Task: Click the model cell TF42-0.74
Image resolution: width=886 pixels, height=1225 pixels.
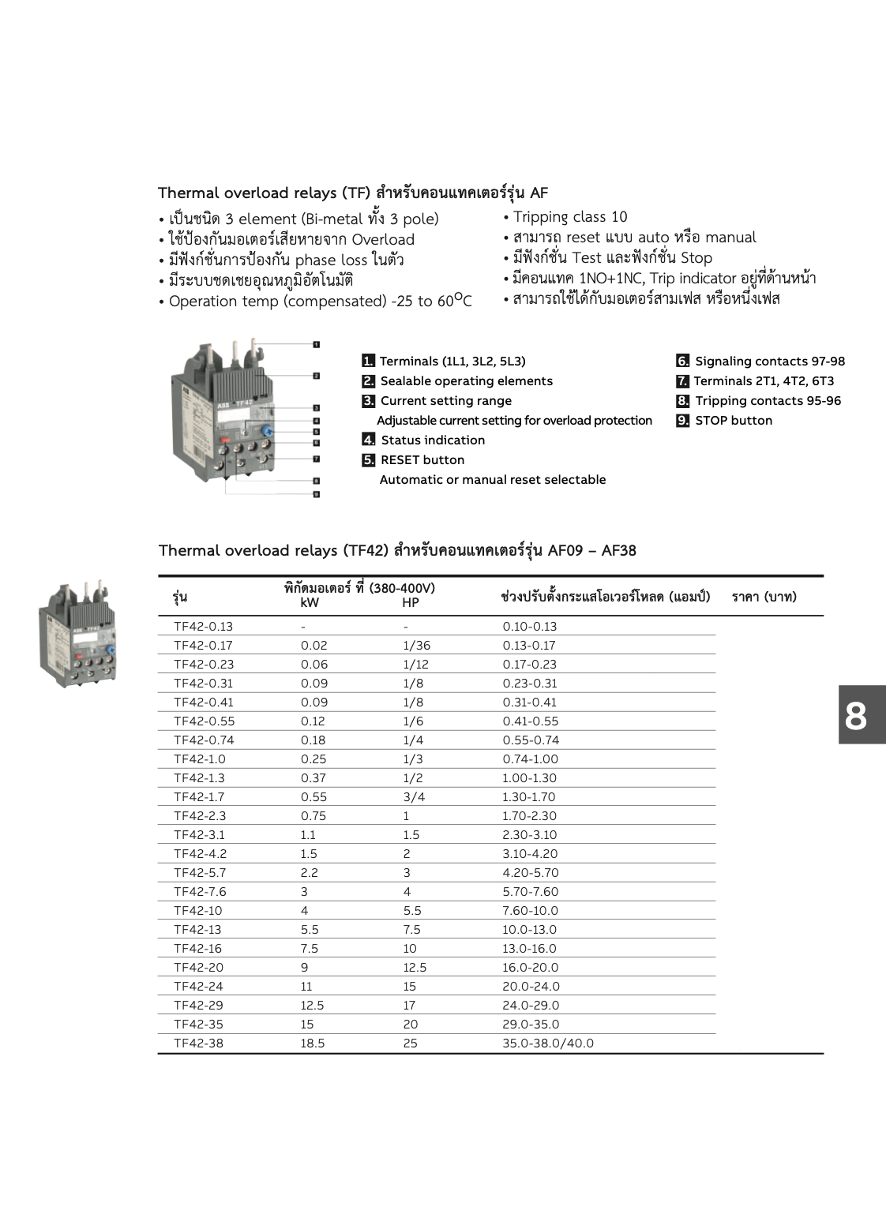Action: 204,740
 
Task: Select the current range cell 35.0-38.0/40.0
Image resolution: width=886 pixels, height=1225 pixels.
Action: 548,1043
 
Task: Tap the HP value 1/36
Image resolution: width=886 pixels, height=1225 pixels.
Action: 416,646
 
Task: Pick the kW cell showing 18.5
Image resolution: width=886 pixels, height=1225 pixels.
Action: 313,1043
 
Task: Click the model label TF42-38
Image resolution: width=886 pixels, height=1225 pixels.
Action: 198,1043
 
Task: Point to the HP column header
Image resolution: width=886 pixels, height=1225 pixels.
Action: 411,603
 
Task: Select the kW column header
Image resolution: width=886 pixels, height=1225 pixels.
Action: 310,603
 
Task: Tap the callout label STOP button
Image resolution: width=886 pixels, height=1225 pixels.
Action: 734,421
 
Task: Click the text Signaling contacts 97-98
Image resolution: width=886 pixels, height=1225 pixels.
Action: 770,362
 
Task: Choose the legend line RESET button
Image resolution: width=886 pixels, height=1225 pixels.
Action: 422,460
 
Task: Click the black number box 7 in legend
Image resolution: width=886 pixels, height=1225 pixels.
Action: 682,381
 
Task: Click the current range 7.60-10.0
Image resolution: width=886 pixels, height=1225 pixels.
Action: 530,911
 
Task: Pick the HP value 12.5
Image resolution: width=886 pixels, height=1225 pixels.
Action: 415,968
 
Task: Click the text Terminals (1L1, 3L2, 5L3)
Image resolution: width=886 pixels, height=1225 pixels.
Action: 452,362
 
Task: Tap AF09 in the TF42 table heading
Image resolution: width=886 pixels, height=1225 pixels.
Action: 567,550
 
